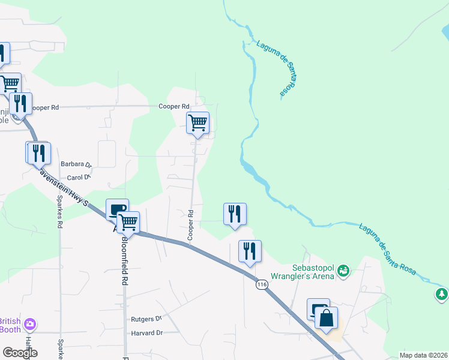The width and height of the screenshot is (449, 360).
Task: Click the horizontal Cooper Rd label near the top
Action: tap(174, 106)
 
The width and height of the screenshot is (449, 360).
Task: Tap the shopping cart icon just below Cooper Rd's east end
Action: tap(197, 123)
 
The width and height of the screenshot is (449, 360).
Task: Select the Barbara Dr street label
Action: tap(76, 164)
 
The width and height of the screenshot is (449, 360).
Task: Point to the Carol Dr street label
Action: tap(78, 177)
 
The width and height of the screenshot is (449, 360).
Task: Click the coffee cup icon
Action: tap(117, 210)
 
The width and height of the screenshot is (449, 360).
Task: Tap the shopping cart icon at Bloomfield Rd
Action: tap(128, 223)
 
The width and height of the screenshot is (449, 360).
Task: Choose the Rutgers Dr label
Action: tap(146, 319)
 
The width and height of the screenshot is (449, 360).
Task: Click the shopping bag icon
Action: tap(326, 318)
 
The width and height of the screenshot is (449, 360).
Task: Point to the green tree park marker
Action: tap(442, 295)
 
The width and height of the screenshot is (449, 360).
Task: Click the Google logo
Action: tap(20, 352)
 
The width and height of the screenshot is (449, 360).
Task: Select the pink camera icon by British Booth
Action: tap(29, 325)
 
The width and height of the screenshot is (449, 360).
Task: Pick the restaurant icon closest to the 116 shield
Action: tap(250, 251)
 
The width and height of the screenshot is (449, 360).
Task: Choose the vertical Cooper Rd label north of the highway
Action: tap(190, 226)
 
